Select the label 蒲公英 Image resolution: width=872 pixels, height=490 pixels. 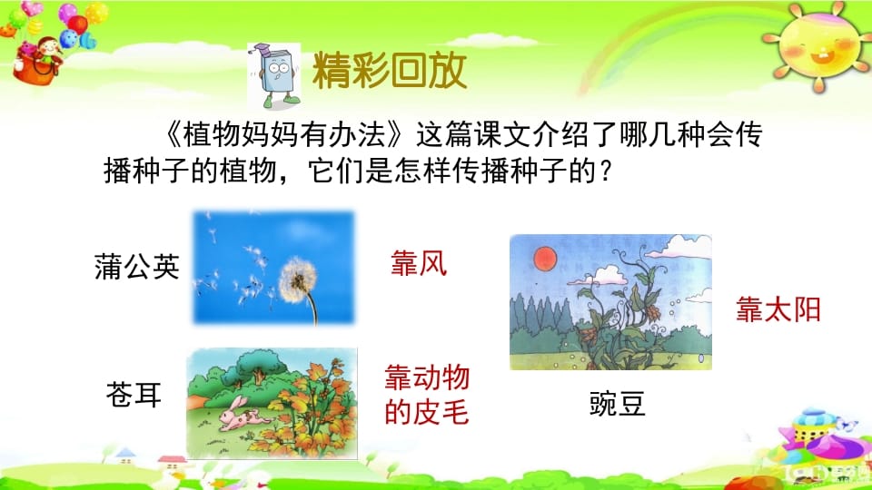(137, 267)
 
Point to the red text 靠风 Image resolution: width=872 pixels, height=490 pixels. (419, 264)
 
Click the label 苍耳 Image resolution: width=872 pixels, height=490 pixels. (134, 395)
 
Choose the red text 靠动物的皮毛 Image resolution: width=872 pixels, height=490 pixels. (427, 396)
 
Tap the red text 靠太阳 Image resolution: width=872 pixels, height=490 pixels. (778, 310)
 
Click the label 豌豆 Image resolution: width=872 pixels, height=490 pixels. (618, 404)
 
